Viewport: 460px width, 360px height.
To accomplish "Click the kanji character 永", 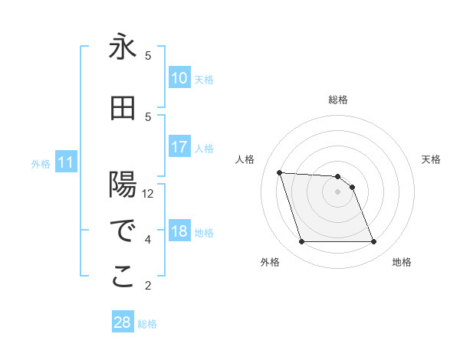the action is pos(123,47).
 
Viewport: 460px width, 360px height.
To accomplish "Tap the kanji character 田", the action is pos(123,109).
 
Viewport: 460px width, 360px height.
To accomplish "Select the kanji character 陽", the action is pos(123,185).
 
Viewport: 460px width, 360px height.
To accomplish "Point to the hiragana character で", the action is pos(123,231).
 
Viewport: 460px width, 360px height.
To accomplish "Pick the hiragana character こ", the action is pos(123,277).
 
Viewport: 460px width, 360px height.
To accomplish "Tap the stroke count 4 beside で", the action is pos(148,240).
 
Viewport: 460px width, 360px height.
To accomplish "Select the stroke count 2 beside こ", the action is pos(148,286).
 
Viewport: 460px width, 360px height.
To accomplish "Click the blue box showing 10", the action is pos(179,78).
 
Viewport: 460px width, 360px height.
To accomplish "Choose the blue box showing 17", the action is pos(179,147).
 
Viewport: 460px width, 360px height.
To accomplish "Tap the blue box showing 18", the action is pos(179,231).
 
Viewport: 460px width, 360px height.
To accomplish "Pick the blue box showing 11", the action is pos(66,162).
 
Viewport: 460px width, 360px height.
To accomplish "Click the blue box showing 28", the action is pos(123,322).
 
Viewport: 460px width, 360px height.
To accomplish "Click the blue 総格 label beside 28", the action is pos(147,324).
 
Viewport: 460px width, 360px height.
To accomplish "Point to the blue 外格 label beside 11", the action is pos(41,164).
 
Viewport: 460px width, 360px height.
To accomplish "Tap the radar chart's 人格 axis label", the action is pos(245,159).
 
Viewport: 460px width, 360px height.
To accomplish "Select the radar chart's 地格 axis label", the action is pos(402,262).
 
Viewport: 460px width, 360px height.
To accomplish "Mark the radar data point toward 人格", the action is pos(279,172).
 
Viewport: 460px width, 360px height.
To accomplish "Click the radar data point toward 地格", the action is pos(373,242).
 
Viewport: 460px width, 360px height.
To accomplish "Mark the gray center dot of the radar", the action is pos(337,191).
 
